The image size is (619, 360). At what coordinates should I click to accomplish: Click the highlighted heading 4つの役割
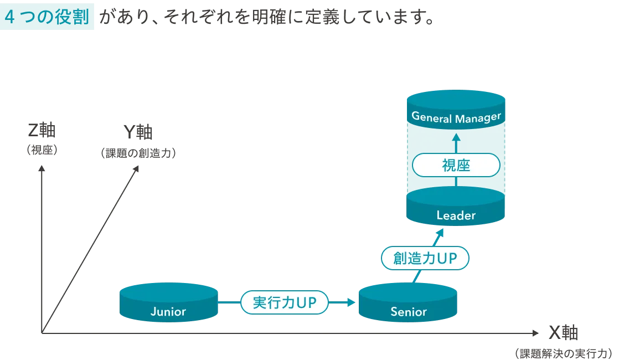pos(48,17)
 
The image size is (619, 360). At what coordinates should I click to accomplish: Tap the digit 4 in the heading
pos(9,17)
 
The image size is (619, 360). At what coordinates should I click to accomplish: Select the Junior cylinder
pos(168,304)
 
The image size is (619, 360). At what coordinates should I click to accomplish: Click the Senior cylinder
pos(409,304)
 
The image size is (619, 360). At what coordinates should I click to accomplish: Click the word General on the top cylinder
pos(431,118)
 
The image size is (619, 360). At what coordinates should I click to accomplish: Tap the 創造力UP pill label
pos(425,258)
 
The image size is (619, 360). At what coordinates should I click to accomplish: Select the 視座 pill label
pos(456,165)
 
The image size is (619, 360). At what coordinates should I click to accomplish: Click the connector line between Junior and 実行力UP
pos(230,303)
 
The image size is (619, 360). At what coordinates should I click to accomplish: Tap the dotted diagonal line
pos(91,249)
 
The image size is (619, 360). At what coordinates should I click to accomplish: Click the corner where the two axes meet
pos(44,333)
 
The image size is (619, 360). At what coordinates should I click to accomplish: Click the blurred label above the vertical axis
pos(42,138)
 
